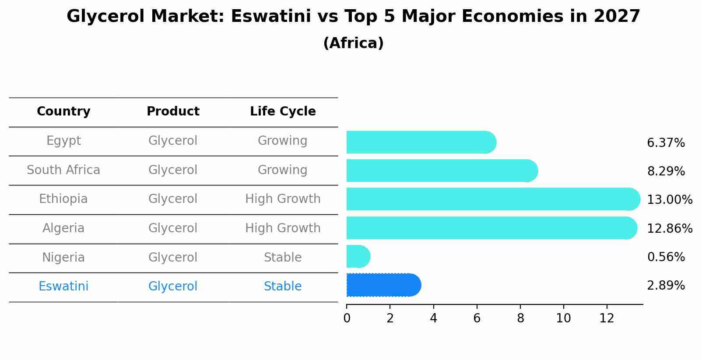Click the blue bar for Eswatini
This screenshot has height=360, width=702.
coord(383,285)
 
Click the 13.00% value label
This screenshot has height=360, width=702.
coord(669,200)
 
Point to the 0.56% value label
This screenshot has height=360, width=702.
coord(666,257)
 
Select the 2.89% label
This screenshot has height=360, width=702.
coord(666,286)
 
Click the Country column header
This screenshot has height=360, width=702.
coord(63,112)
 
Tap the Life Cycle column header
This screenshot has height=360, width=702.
coord(283,112)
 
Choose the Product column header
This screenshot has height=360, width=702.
coord(173,112)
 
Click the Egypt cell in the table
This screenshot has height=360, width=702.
coord(63,141)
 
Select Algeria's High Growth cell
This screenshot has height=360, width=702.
coord(283,228)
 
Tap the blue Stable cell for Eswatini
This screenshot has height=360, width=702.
coord(283,287)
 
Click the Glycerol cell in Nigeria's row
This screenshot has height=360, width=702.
coord(173,258)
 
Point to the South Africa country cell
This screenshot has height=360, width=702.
coord(63,170)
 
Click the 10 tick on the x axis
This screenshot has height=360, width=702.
coord(563,318)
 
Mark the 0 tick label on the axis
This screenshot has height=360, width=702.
coord(347,318)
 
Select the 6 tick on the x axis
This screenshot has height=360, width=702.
coord(477,318)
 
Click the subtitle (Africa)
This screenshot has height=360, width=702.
coord(353,43)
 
